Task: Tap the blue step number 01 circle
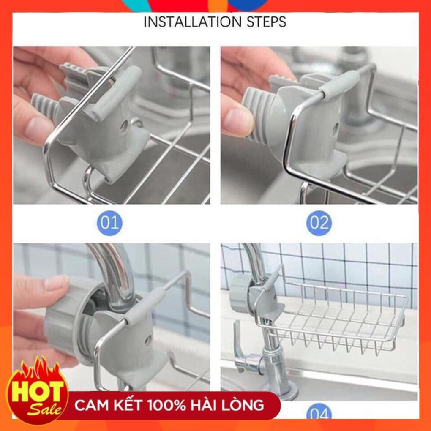click(x=109, y=223)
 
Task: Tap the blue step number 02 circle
click(x=319, y=223)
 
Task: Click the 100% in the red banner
click(x=166, y=406)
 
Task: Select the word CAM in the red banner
click(x=89, y=406)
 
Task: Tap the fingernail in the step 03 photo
click(x=56, y=283)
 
